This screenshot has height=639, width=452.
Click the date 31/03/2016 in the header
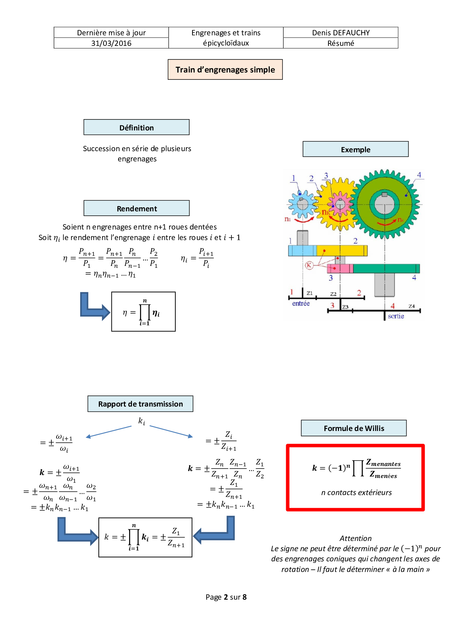click(111, 43)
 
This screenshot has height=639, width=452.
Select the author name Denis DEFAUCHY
click(341, 33)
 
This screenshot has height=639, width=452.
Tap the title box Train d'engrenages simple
click(225, 70)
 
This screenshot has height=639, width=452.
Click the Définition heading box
click(137, 128)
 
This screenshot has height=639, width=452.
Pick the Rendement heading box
click(137, 208)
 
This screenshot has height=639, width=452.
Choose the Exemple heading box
click(355, 149)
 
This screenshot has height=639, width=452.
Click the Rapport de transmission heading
click(140, 404)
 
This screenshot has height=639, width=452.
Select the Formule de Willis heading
click(354, 428)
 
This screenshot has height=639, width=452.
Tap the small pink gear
click(340, 204)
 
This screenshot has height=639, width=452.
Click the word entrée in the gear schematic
click(301, 303)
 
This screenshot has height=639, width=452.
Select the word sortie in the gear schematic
click(396, 316)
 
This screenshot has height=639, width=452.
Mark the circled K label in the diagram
click(309, 265)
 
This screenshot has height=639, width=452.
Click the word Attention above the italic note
click(355, 538)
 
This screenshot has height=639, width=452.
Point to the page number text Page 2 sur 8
click(226, 597)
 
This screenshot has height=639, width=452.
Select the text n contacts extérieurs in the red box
click(356, 493)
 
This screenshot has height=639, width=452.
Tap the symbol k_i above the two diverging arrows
click(142, 422)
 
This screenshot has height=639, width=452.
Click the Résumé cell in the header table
click(341, 43)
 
